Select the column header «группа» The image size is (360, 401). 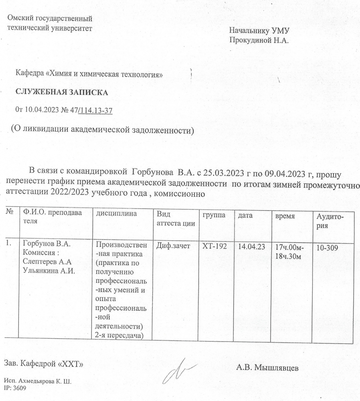[213, 215]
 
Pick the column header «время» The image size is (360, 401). [285, 216]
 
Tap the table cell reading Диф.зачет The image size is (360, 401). [173, 246]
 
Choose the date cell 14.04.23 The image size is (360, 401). [249, 246]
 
